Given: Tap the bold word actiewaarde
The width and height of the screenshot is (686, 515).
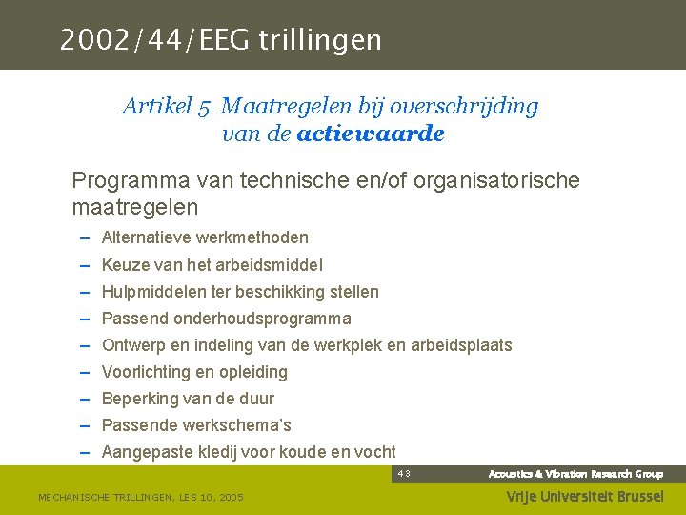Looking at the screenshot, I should click(371, 134).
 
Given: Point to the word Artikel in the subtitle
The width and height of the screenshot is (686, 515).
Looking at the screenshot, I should click(157, 106).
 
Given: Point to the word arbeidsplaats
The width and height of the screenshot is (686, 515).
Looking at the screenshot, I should click(461, 344).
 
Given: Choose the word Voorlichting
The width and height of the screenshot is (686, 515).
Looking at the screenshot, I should click(148, 371).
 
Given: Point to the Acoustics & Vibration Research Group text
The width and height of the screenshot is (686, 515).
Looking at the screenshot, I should click(575, 474).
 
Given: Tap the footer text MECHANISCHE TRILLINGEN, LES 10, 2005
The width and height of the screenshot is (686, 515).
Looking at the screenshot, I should click(140, 497).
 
